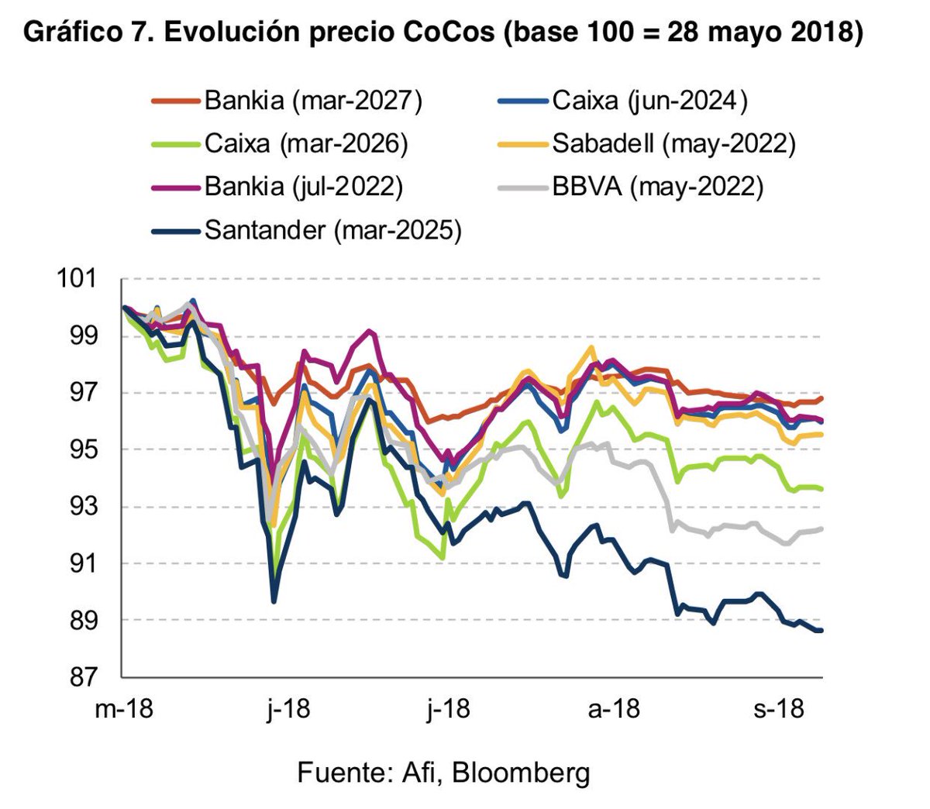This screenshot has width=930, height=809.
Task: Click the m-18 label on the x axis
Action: pyautogui.click(x=124, y=709)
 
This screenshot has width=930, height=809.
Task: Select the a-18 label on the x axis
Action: pyautogui.click(x=614, y=709)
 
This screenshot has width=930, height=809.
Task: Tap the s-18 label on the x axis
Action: pyautogui.click(x=779, y=709)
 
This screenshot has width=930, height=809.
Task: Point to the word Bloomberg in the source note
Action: pyautogui.click(x=521, y=773)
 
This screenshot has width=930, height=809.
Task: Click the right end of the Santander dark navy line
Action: pyautogui.click(x=821, y=631)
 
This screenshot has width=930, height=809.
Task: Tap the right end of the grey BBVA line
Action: pyautogui.click(x=821, y=528)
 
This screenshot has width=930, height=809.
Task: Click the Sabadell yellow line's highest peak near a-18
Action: pyautogui.click(x=591, y=348)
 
